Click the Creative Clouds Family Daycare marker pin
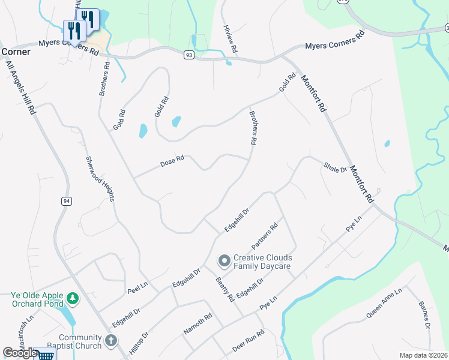coord(224,260)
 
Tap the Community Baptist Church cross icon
coord(110,341)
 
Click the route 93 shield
coord(189,55)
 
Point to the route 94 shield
coord(65,202)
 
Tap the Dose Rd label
coord(172,162)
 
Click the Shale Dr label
coord(335,167)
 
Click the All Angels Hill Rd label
coord(19,83)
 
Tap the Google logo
coord(20,353)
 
